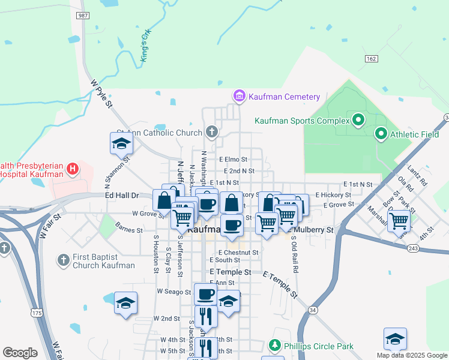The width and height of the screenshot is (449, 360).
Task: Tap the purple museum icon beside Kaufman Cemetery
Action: [239, 96]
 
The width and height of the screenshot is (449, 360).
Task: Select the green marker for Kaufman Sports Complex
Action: [358, 120]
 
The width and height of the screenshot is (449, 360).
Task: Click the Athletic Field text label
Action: [415, 134]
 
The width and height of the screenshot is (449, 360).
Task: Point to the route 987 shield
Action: [83, 15]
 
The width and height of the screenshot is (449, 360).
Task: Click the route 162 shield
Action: [371, 58]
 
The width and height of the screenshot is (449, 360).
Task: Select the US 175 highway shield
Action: [37, 313]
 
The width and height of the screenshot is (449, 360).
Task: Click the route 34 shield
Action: [313, 310]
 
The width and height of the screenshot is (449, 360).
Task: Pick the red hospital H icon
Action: [73, 169]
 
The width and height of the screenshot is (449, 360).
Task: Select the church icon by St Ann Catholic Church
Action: [211, 132]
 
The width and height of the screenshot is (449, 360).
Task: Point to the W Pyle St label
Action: [101, 94]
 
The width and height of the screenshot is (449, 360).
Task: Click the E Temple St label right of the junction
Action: [280, 283]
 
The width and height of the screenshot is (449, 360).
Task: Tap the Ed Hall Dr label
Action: [122, 196]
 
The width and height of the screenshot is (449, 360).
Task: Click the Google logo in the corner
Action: [20, 352]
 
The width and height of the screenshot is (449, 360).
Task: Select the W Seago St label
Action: [173, 292]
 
